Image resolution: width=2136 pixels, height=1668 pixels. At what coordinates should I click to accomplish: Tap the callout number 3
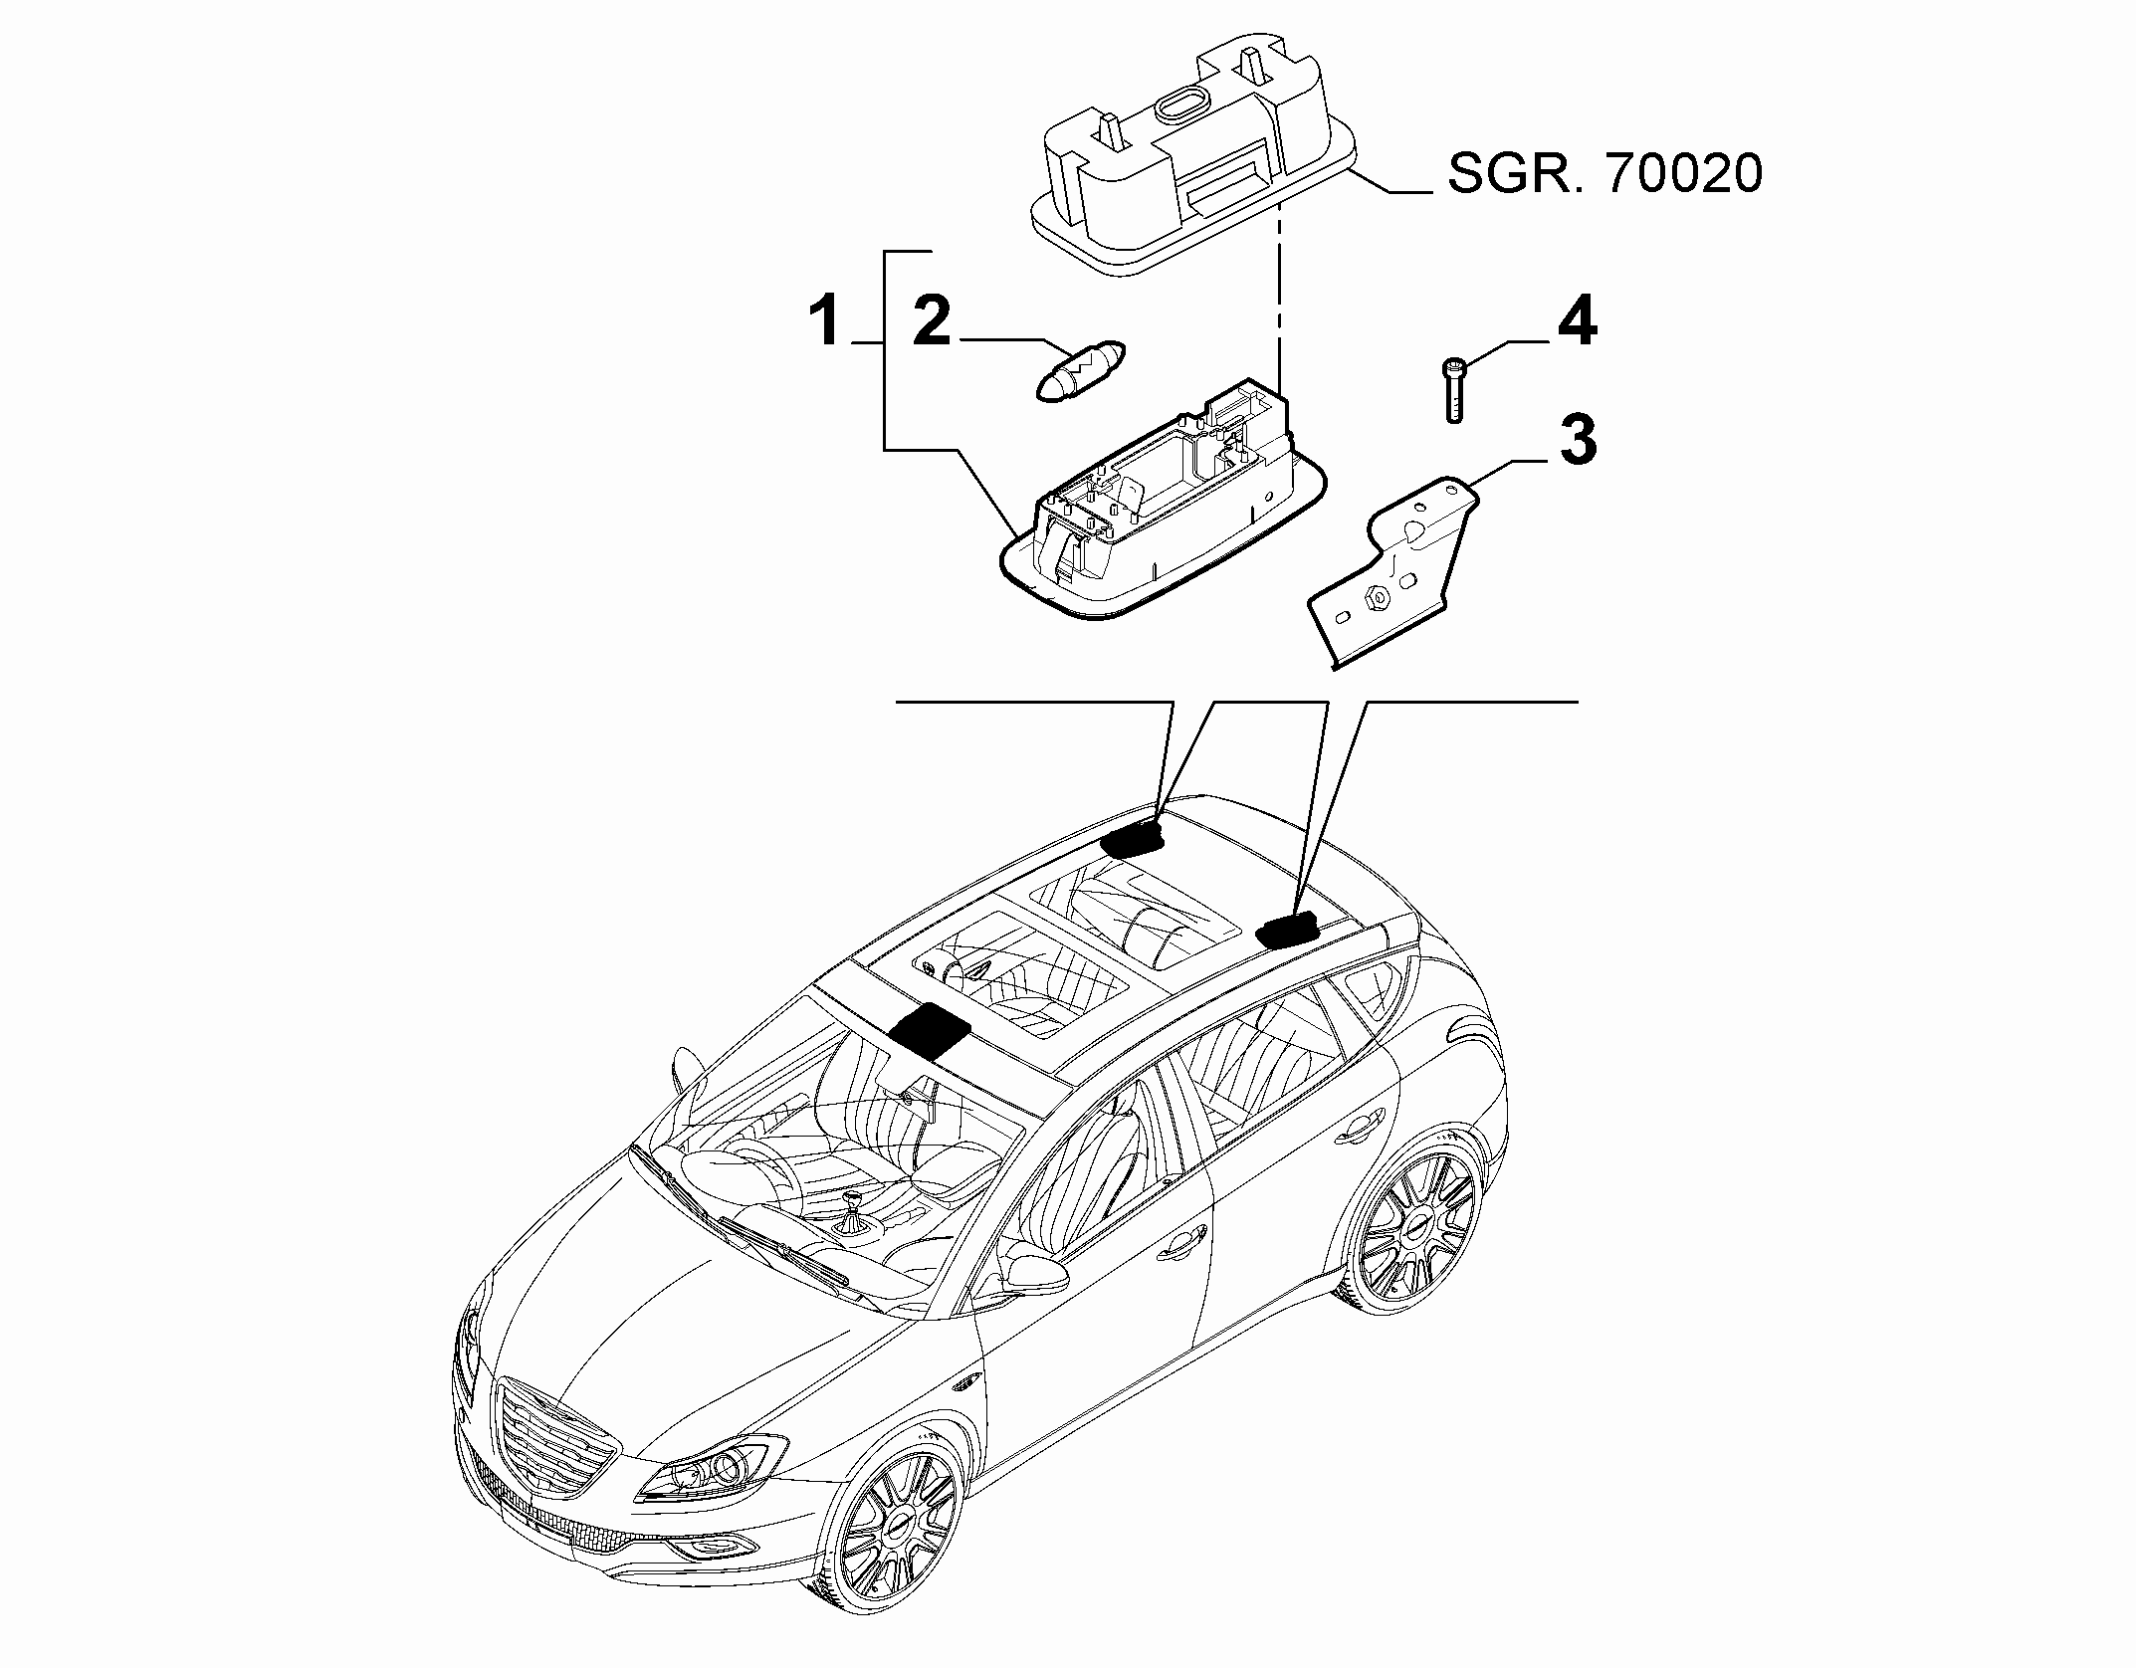click(x=1578, y=440)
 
